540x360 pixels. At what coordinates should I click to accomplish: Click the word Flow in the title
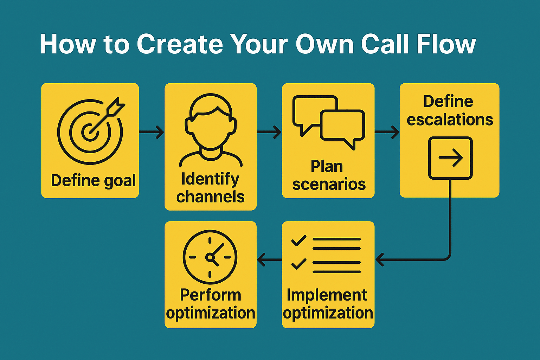(446, 44)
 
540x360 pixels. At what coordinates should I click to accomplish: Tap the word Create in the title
(180, 44)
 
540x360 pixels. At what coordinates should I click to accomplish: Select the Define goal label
(93, 181)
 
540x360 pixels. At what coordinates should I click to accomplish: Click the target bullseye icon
(90, 132)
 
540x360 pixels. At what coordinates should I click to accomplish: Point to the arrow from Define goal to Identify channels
(152, 132)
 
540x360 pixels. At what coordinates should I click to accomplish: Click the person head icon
(211, 130)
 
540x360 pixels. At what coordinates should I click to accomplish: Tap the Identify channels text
(211, 188)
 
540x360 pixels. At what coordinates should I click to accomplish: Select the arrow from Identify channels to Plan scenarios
(269, 132)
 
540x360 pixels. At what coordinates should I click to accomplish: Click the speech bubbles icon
(328, 122)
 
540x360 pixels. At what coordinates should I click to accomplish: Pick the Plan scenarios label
(329, 175)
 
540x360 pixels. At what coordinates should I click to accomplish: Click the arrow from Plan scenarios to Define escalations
(387, 132)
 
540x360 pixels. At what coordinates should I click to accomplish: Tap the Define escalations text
(450, 110)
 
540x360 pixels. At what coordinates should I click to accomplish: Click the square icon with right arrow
(450, 158)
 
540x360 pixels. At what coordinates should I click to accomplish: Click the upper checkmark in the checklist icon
(299, 240)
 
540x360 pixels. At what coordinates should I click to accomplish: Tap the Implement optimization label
(328, 304)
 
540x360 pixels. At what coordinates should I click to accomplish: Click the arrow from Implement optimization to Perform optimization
(269, 260)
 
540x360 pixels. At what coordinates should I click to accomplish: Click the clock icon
(210, 257)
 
